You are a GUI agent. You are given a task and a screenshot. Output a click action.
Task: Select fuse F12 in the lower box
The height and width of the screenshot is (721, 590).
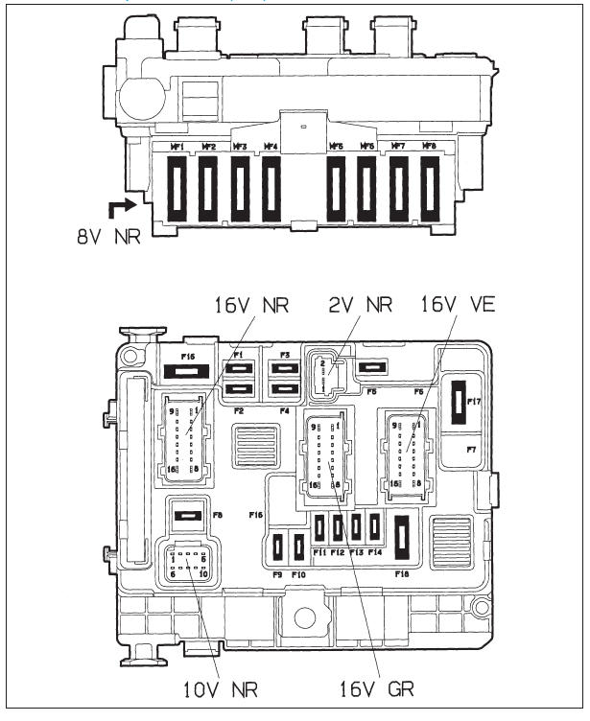[x=339, y=527]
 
